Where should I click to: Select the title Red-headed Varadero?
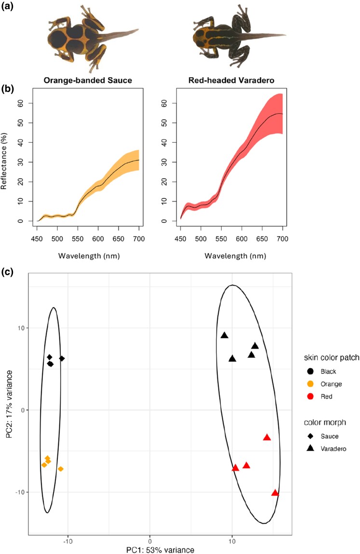click(x=233, y=80)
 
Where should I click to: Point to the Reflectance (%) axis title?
click(x=5, y=155)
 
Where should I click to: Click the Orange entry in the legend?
click(x=320, y=384)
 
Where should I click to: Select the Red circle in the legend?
click(x=310, y=396)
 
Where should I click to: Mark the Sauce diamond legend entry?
click(x=310, y=436)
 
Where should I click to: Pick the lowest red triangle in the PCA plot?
click(x=275, y=493)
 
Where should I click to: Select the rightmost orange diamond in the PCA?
click(x=61, y=469)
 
